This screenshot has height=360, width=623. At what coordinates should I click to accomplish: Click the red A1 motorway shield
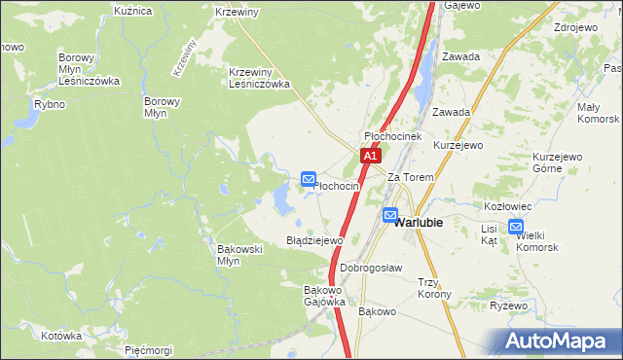point(369,156)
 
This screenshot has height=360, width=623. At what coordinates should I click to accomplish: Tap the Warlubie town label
point(419,222)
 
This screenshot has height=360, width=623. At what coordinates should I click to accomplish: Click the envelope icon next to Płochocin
point(309,179)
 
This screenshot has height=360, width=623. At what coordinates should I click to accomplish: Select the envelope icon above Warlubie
point(390,215)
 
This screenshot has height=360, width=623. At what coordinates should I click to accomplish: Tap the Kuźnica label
point(133,11)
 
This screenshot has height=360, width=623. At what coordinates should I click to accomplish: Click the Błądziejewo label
point(314,239)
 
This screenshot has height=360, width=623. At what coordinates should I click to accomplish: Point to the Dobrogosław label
point(371,268)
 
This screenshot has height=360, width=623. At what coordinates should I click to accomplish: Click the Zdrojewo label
point(573,27)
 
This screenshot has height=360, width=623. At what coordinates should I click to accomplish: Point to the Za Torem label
point(410,178)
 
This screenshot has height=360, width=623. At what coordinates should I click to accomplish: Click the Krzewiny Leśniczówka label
point(260,78)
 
